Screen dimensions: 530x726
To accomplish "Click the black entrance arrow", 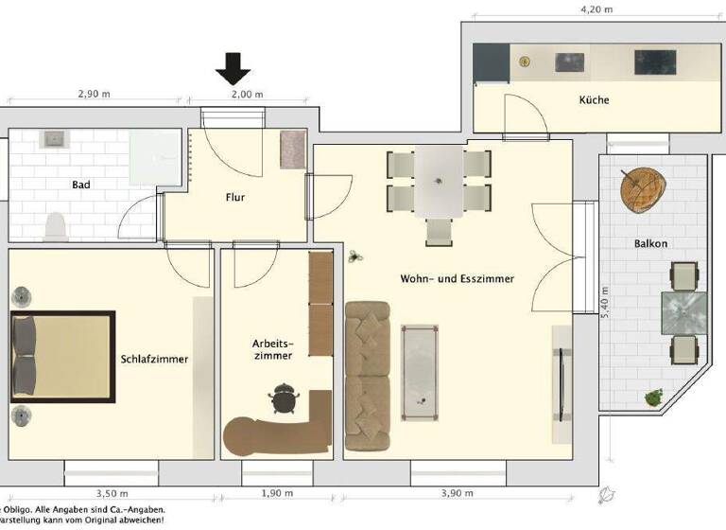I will point(233,67).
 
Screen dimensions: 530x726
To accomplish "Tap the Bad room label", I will point(81,185).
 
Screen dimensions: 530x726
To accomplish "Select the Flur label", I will point(236,198).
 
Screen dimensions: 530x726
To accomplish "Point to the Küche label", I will point(594,99).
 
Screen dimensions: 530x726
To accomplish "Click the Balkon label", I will point(650,243).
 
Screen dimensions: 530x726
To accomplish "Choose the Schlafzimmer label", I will point(154,359).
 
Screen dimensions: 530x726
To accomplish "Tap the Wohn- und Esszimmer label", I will point(456,279).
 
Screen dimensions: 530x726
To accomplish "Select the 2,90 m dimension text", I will point(96,95).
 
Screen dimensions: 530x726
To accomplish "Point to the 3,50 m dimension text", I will point(112,494).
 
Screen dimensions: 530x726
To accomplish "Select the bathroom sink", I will point(53,139).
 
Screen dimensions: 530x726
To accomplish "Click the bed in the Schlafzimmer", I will point(62,356).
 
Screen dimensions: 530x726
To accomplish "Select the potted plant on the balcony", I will point(651,397).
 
